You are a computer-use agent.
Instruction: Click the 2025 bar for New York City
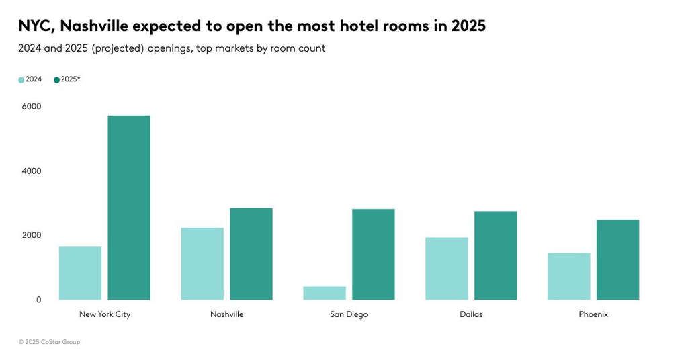(x=129, y=208)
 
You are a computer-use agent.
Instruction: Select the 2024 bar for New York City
(x=80, y=273)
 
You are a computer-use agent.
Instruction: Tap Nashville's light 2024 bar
(x=202, y=263)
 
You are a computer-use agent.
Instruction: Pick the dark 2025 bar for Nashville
(x=251, y=254)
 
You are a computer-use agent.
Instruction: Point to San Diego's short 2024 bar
(x=325, y=293)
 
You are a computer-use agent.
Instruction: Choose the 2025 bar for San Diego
(x=374, y=254)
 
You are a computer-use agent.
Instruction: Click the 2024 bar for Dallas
(x=447, y=269)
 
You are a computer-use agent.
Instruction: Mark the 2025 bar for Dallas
(x=496, y=255)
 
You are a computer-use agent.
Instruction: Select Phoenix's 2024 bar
(x=569, y=276)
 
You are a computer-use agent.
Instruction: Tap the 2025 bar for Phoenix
(x=618, y=259)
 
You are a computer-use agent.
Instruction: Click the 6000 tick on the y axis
(x=31, y=106)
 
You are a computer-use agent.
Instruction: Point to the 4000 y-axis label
(x=31, y=171)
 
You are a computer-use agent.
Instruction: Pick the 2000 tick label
(x=31, y=235)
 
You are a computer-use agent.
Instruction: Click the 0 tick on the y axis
(x=38, y=300)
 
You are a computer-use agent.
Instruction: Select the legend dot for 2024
(x=21, y=80)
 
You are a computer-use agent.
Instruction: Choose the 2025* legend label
(x=71, y=79)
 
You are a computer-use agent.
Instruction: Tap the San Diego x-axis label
(x=349, y=314)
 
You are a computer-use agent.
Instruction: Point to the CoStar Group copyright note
(x=49, y=342)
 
